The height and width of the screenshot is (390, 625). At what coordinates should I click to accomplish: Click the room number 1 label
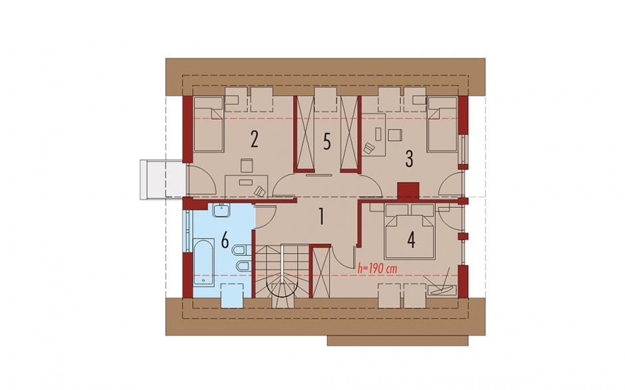[321, 217]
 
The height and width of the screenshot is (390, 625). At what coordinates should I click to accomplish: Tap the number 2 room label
[254, 139]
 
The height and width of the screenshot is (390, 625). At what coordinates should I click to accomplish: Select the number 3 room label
[409, 158]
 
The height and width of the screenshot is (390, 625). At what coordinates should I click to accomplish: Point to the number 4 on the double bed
[412, 240]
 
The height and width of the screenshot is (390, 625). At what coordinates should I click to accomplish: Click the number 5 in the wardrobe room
[327, 142]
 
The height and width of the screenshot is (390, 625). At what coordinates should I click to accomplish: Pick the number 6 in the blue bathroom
[225, 241]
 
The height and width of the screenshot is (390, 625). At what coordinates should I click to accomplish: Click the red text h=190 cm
[378, 268]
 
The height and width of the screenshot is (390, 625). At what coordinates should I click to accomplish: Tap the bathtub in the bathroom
[203, 262]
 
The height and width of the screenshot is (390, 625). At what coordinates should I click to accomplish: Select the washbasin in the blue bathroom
[221, 210]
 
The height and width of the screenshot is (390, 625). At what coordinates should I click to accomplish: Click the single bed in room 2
[209, 124]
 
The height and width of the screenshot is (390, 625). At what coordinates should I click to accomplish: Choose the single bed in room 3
[441, 124]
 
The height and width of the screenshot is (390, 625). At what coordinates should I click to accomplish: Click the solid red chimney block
[408, 190]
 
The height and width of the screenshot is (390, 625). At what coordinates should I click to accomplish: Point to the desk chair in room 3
[369, 148]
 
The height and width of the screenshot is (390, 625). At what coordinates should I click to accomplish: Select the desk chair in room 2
[260, 191]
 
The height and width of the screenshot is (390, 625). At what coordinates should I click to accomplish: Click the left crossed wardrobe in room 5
[304, 134]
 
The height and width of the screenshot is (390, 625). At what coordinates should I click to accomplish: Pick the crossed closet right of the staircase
[321, 272]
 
